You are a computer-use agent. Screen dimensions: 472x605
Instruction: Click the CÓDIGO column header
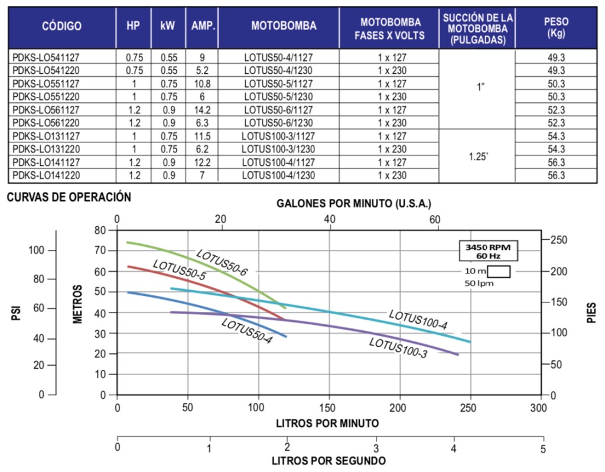pos(61,26)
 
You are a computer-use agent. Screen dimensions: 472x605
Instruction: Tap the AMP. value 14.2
pos(202,110)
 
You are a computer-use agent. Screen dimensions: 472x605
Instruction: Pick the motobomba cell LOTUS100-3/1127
pos(278,136)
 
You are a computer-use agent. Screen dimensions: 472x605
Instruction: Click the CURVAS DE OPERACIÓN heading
pos(69,197)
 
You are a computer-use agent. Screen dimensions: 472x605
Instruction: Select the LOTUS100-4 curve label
pos(418,320)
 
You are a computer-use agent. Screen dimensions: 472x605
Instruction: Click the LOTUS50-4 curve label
pos(246,331)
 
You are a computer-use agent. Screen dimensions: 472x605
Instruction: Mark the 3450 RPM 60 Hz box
pos(489,252)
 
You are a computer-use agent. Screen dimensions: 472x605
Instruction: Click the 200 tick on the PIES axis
pos(559,271)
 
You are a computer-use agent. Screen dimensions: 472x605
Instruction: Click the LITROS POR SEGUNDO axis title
pos(328,460)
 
